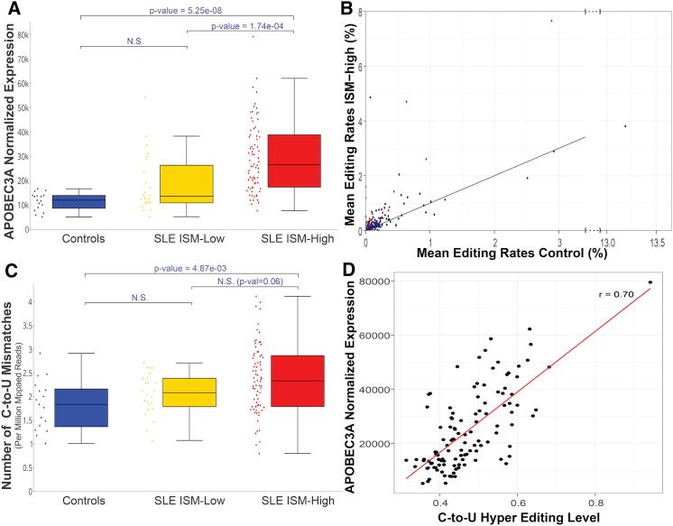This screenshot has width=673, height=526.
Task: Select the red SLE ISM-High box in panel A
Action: point(290,161)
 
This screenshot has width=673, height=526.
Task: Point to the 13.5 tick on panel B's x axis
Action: point(657,243)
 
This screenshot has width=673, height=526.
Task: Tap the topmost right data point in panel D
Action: point(650,282)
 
